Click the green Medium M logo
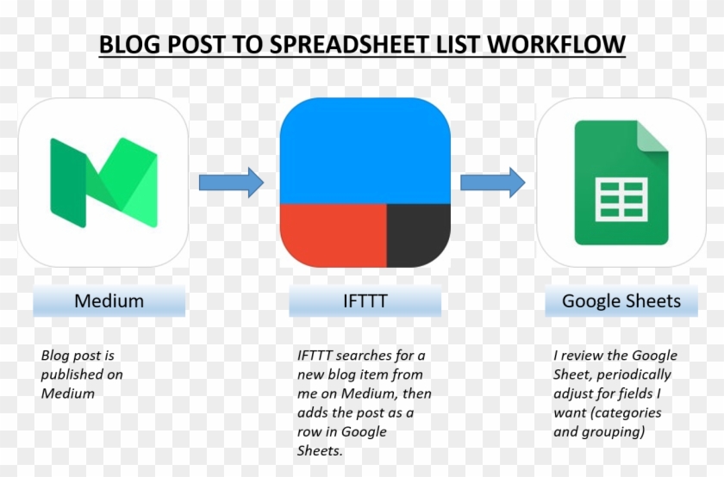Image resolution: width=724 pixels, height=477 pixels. tap(103, 182)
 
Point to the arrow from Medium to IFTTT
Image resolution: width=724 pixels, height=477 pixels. tap(231, 183)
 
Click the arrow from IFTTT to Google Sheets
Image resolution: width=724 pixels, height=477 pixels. tap(492, 183)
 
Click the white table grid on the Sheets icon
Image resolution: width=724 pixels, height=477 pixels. tap(621, 199)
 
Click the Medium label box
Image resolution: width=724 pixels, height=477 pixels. tap(109, 301)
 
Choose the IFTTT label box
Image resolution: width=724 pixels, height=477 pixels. tap(365, 301)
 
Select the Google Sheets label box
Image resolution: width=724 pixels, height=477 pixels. tap(621, 301)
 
